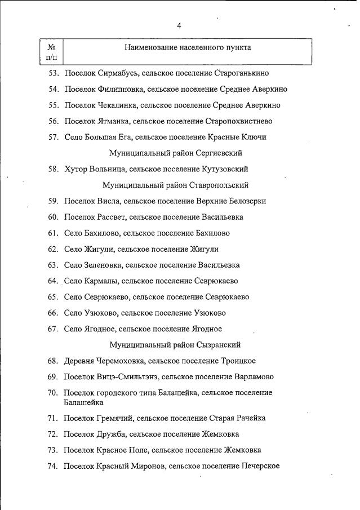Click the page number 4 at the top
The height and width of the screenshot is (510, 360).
tap(179, 25)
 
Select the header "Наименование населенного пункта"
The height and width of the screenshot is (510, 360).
tap(188, 48)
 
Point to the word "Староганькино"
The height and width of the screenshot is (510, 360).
tap(242, 73)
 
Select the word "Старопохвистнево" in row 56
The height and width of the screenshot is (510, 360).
tap(240, 121)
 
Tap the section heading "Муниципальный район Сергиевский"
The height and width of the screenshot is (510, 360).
tap(176, 153)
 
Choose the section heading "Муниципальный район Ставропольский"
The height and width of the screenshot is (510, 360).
tap(175, 185)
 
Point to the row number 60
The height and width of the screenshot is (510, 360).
tap(53, 217)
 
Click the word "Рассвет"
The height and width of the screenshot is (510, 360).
tap(112, 217)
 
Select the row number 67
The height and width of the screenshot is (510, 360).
tap(53, 329)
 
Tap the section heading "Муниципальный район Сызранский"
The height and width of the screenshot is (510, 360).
tap(175, 345)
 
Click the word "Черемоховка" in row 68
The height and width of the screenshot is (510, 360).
tap(120, 361)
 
